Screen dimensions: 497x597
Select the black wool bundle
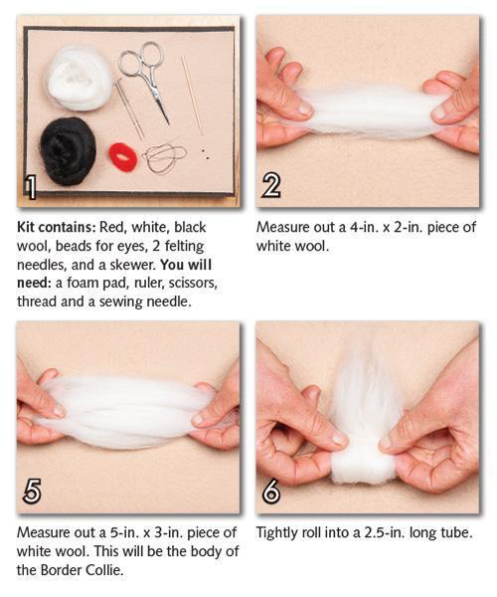(x=69, y=151)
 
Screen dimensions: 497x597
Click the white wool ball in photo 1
(x=80, y=78)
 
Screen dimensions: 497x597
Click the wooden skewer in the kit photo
(x=193, y=96)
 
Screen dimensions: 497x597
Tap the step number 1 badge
(x=30, y=187)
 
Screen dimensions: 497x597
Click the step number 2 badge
(x=271, y=186)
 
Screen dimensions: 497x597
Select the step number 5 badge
(x=32, y=492)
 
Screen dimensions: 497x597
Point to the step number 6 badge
(x=271, y=492)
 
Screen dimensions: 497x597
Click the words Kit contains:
(x=57, y=227)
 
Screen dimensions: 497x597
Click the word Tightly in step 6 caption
(x=277, y=533)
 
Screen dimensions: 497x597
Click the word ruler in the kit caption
(x=149, y=284)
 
